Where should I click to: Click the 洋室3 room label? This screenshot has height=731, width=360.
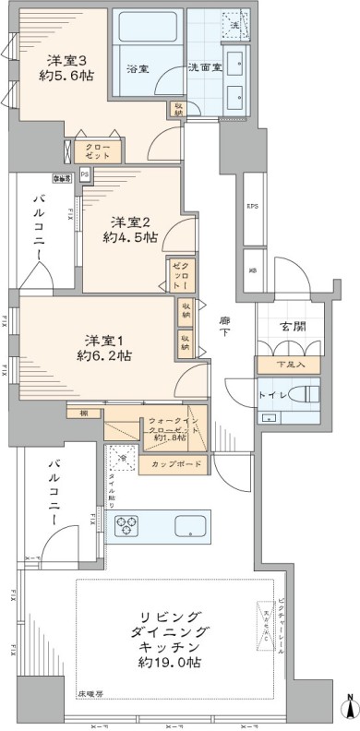point(70,62)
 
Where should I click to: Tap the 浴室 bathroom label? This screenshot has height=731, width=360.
point(138,68)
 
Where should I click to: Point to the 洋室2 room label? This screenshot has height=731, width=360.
point(131,222)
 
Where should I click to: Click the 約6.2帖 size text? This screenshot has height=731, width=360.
point(103,354)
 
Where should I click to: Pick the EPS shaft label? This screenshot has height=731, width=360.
point(251,207)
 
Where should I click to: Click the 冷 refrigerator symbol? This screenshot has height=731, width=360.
point(121,456)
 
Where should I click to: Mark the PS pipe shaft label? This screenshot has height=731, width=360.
point(84,174)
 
